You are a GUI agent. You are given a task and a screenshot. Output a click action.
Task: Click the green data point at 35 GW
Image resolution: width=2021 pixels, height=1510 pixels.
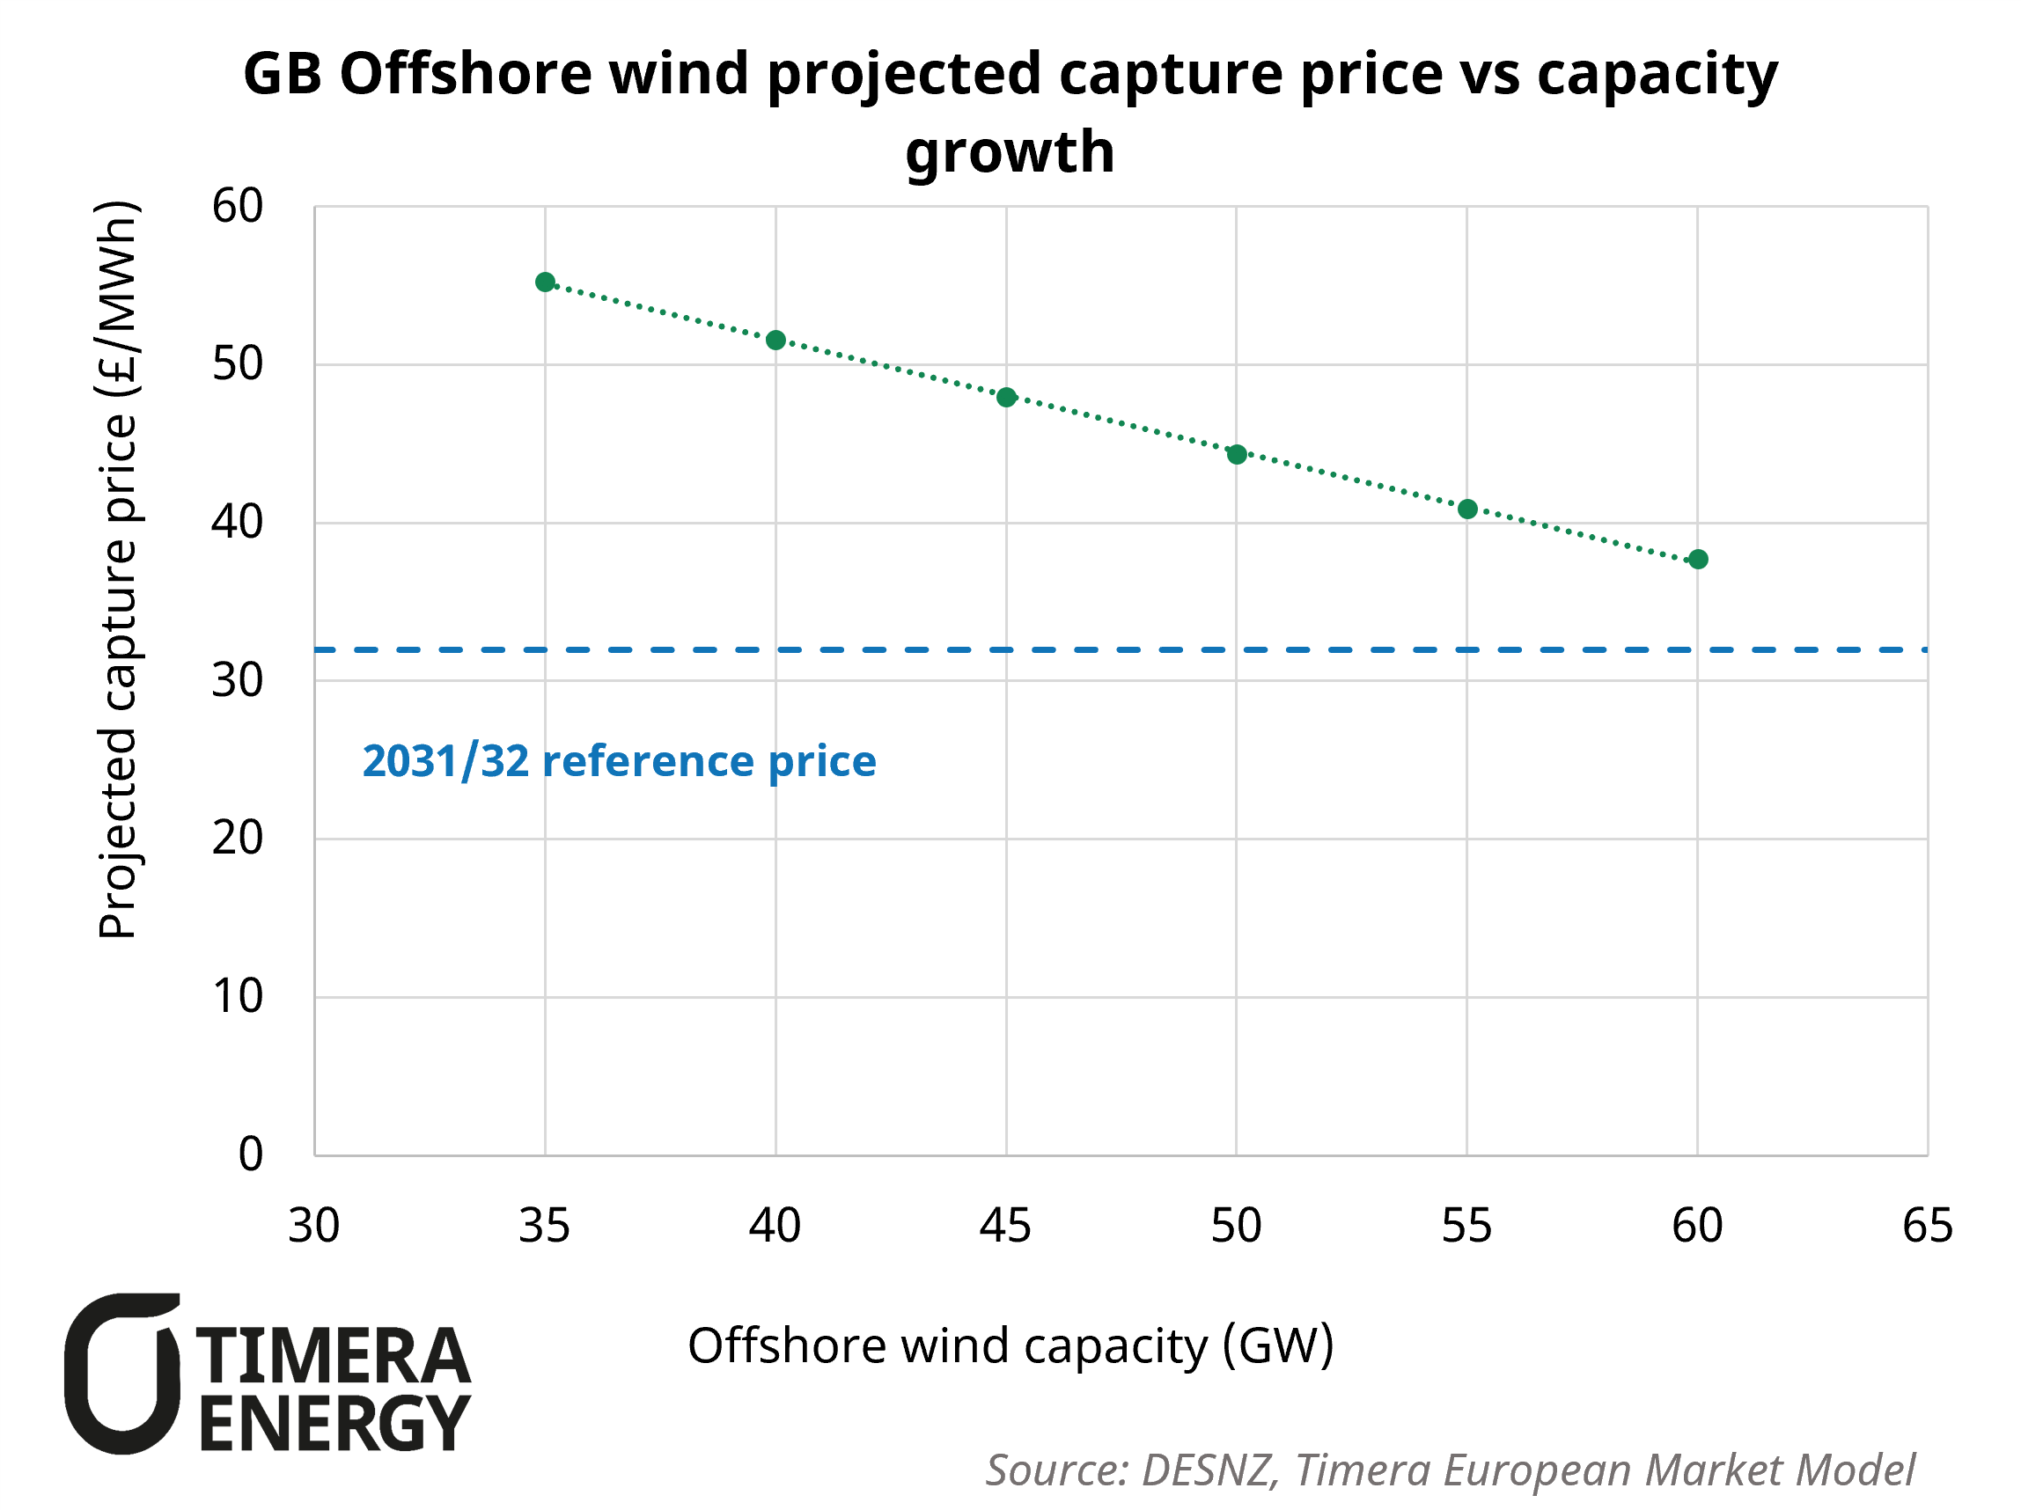click(546, 282)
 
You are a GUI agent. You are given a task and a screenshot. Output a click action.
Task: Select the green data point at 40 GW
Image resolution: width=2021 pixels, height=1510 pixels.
click(775, 341)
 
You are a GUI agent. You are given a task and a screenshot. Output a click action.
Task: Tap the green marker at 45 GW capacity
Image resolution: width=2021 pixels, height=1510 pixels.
click(1006, 398)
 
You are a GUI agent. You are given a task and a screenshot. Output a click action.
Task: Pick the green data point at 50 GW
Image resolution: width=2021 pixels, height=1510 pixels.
click(1237, 455)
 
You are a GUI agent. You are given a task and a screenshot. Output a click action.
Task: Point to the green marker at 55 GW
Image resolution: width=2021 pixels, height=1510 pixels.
click(1467, 509)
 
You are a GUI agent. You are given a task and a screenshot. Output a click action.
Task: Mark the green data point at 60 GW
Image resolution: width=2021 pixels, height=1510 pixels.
click(1698, 560)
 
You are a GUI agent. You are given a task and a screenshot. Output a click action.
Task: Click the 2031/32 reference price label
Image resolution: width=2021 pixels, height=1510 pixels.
click(619, 762)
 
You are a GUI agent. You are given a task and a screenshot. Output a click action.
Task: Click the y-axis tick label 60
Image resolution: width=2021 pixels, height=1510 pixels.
click(238, 207)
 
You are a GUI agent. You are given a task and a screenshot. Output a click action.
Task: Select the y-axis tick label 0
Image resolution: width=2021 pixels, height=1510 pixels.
click(250, 1154)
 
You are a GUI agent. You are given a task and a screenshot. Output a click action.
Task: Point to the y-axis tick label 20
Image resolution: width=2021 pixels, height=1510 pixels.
click(238, 839)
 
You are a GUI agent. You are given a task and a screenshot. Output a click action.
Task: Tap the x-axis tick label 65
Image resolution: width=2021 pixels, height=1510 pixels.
click(1928, 1226)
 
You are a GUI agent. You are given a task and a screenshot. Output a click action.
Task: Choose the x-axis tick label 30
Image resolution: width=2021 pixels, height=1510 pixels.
click(314, 1226)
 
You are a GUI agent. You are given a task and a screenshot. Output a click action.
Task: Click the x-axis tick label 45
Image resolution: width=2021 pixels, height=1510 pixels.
click(1005, 1226)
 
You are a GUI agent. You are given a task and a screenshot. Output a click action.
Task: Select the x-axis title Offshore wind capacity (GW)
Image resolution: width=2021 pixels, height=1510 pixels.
click(1010, 1345)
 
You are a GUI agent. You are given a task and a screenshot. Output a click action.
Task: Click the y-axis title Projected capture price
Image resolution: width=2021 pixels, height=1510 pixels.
click(117, 570)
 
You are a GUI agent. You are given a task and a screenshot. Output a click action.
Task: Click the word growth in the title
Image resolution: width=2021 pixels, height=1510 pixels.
click(1010, 151)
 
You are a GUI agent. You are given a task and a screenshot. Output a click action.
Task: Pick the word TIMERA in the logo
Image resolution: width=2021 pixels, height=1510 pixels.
click(334, 1358)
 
